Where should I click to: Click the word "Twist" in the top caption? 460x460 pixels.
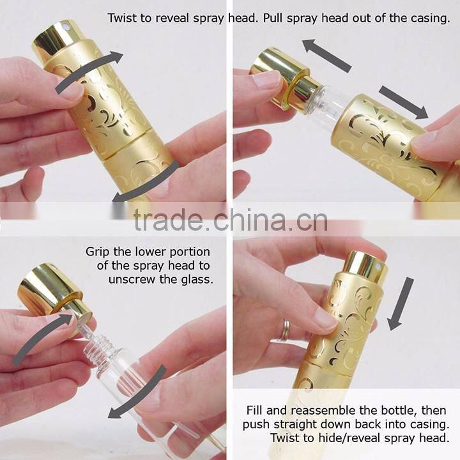122,18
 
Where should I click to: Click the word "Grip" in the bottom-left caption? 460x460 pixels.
98,252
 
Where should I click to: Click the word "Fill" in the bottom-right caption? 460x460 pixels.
255,410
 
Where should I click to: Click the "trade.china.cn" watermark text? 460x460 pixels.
231,219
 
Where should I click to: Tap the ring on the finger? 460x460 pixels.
284,330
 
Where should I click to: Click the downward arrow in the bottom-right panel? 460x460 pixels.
400,303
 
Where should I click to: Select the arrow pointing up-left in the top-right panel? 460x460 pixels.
326,56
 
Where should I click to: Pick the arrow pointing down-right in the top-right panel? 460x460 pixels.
403,102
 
